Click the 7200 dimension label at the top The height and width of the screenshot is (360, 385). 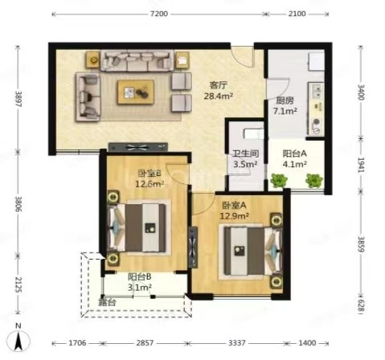coord(159,14)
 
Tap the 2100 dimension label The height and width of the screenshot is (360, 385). coord(297,14)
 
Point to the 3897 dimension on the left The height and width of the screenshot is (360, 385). coord(18,98)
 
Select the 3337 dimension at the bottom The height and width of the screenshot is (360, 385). coord(237,343)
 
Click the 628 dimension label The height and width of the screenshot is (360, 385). coord(361,306)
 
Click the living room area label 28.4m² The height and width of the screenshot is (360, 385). coord(218,96)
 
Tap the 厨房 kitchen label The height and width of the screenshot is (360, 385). coord(285,100)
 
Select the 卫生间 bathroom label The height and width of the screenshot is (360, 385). coord(245,153)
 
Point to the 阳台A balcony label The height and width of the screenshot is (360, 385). coord(295,153)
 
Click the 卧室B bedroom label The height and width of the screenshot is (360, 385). coord(149,174)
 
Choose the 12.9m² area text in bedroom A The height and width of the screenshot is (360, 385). coord(235,215)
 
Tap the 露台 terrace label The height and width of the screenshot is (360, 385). coord(107,303)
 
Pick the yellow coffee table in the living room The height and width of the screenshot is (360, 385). coord(136,92)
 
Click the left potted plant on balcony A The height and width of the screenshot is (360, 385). coord(278,180)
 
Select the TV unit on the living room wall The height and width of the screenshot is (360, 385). coord(138,147)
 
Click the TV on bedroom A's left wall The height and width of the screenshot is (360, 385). coord(193,247)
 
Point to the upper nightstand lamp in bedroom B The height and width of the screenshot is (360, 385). coord(113,197)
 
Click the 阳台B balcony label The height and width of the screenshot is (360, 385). coord(140,276)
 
